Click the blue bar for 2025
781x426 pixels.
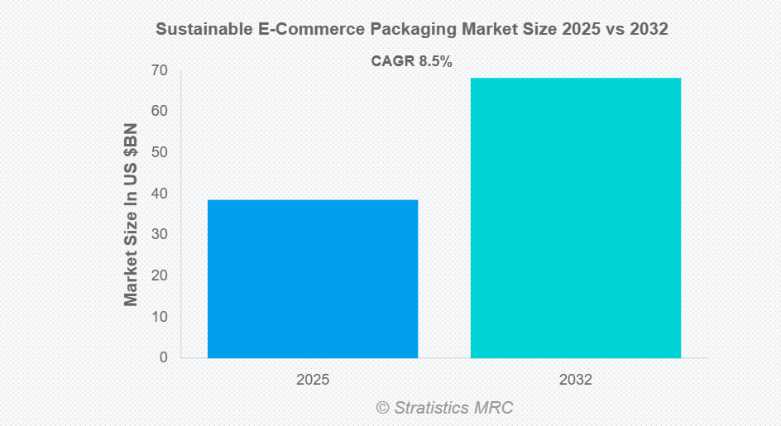coord(313,279)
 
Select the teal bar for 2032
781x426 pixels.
coord(576,218)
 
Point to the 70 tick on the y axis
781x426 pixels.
coord(159,70)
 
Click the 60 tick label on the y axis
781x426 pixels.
coord(159,111)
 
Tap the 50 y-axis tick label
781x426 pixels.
coord(159,152)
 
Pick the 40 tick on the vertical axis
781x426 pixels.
coord(159,194)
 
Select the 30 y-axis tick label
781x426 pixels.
coord(159,234)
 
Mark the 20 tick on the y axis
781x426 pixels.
coord(159,275)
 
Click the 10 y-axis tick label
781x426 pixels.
coord(159,317)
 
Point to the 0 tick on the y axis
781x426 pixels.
coord(163,357)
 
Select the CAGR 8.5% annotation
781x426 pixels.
coord(411,61)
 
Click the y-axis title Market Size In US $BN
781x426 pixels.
coord(132,214)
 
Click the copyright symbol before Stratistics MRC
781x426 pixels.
coord(382,407)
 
